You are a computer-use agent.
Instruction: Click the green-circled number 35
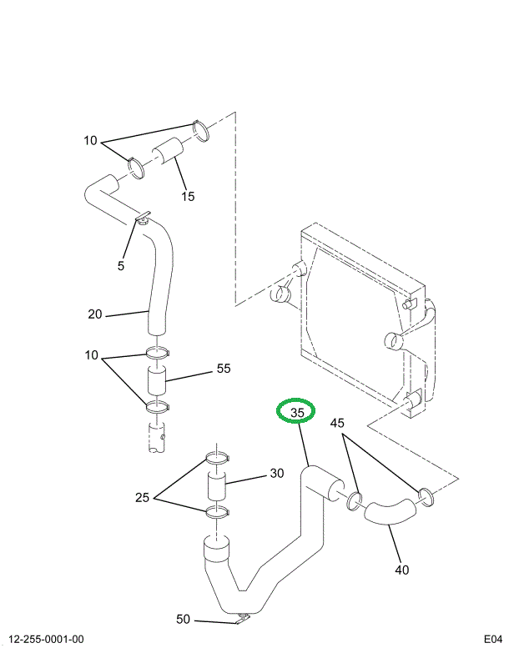(x=296, y=411)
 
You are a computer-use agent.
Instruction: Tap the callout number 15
(x=188, y=197)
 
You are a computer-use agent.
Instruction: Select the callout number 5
(x=120, y=265)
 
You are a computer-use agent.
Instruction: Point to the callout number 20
(x=95, y=314)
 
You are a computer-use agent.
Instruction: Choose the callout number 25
(x=143, y=499)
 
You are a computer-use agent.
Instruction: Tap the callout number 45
(x=336, y=423)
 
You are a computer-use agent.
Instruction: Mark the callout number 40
(x=402, y=570)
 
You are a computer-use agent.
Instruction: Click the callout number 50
(x=184, y=619)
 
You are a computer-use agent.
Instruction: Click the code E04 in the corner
(x=492, y=640)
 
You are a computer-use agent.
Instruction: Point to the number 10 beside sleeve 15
(x=91, y=140)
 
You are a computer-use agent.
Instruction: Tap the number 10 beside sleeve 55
(x=91, y=357)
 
